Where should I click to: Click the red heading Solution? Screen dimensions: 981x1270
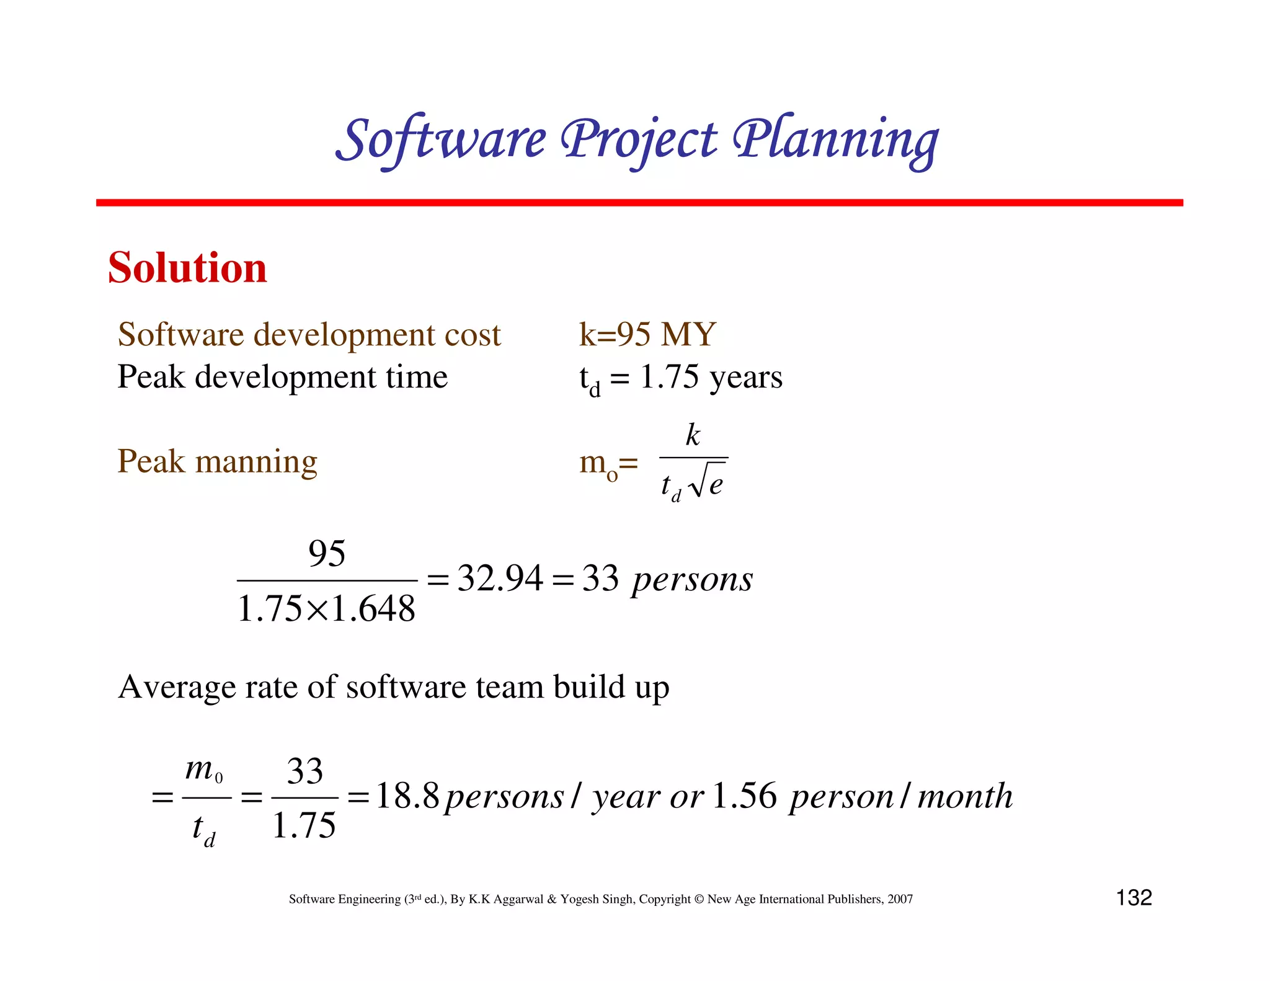coord(187,268)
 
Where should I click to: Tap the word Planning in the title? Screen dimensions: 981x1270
coord(835,140)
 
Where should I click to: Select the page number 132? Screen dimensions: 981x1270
coord(1134,897)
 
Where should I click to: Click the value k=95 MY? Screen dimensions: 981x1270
coord(647,334)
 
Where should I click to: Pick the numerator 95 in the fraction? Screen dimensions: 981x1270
coord(327,553)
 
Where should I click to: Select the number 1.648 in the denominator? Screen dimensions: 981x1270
coord(373,609)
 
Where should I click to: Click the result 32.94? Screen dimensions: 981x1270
coord(500,579)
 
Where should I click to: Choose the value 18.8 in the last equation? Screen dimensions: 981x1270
coord(407,796)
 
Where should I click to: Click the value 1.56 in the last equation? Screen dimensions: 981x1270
coord(744,796)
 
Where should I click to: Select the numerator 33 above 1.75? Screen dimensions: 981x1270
coord(305,771)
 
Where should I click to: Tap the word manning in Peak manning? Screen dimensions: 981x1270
coord(256,462)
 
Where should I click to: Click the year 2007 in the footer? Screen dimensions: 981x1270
coord(900,899)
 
